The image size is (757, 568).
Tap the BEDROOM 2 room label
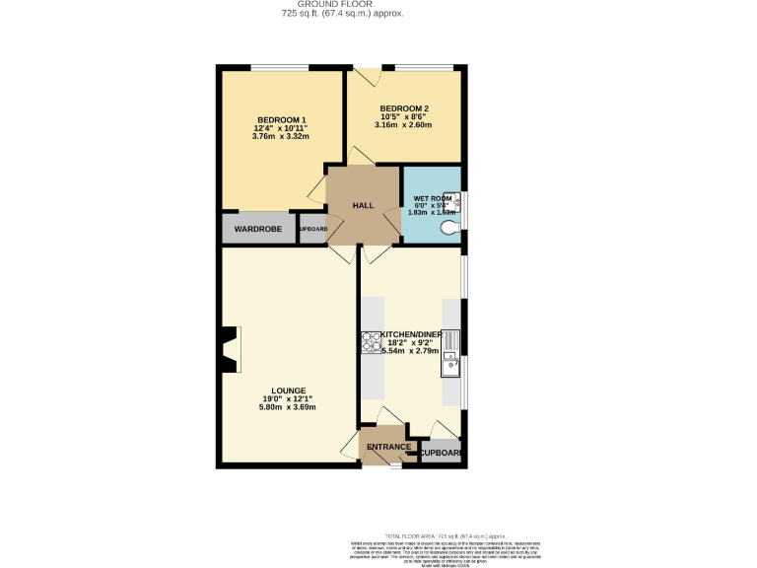click(x=404, y=107)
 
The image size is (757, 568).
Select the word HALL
click(x=364, y=205)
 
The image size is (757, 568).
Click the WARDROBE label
click(x=258, y=229)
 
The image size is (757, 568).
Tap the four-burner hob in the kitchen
click(x=372, y=341)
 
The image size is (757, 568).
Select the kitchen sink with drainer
click(x=450, y=353)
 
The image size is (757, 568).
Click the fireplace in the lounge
click(x=230, y=350)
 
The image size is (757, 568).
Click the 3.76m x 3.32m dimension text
click(x=282, y=137)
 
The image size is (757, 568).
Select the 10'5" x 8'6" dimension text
click(x=404, y=116)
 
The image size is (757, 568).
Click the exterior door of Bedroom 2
click(x=367, y=75)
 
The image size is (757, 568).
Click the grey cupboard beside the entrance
click(x=440, y=452)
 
